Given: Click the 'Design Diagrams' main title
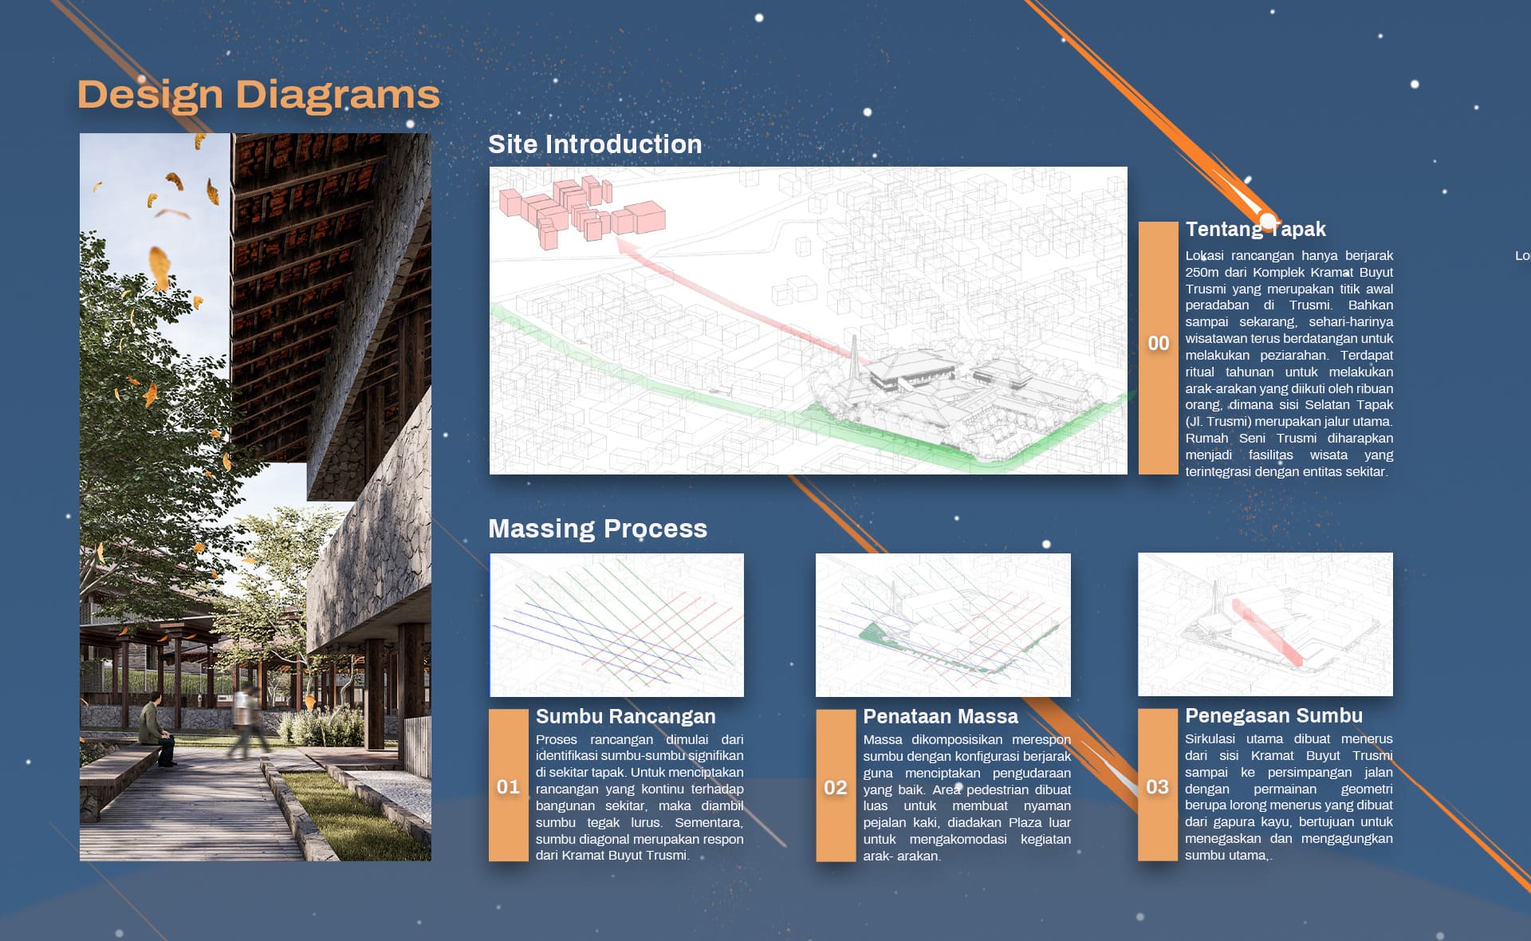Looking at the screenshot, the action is pos(258,95).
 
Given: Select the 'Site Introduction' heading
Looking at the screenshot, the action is pos(595,144).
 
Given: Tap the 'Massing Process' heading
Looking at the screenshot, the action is pos(597,529).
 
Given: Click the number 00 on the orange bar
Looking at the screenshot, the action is pos(1159,344).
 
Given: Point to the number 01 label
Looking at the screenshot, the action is pos(508,787).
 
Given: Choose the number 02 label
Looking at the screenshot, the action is pos(836,788).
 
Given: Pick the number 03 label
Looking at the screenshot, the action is pos(1158,787).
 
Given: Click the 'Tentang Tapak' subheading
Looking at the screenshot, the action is pos(1255,230).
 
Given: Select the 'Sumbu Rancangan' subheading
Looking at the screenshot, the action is pos(626,716).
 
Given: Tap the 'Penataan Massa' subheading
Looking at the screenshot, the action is pos(941,716).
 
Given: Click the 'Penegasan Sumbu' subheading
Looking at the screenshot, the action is pos(1273,715).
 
